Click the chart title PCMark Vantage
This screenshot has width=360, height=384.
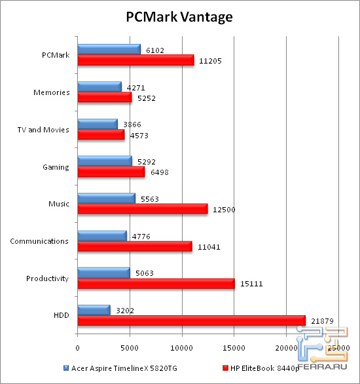(179, 17)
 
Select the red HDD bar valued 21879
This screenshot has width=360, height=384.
(191, 320)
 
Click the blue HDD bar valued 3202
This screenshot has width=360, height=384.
(94, 309)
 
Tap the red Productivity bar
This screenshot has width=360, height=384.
(156, 283)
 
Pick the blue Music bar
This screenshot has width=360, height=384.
(106, 197)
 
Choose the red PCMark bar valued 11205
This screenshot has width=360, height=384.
(135, 60)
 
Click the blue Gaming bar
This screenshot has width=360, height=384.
(105, 160)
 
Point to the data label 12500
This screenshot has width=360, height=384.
(226, 210)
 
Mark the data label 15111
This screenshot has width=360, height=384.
(253, 284)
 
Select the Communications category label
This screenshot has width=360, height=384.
(39, 241)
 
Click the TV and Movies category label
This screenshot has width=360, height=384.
(44, 130)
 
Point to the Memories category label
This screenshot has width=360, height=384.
(52, 92)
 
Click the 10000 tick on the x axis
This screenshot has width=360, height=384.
(182, 347)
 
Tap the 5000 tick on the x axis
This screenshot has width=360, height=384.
(130, 347)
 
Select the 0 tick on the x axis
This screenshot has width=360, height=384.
(77, 347)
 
